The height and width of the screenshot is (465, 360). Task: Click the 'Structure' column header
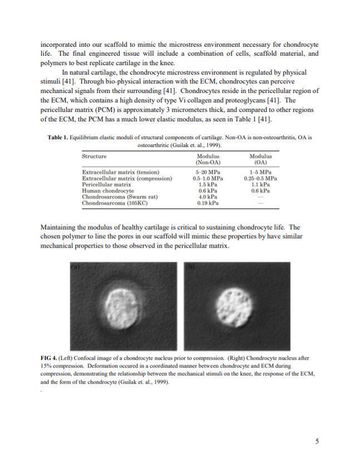[x=95, y=156]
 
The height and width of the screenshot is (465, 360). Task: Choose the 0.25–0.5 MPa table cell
[x=261, y=178]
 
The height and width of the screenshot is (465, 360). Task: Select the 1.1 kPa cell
[x=261, y=184]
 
